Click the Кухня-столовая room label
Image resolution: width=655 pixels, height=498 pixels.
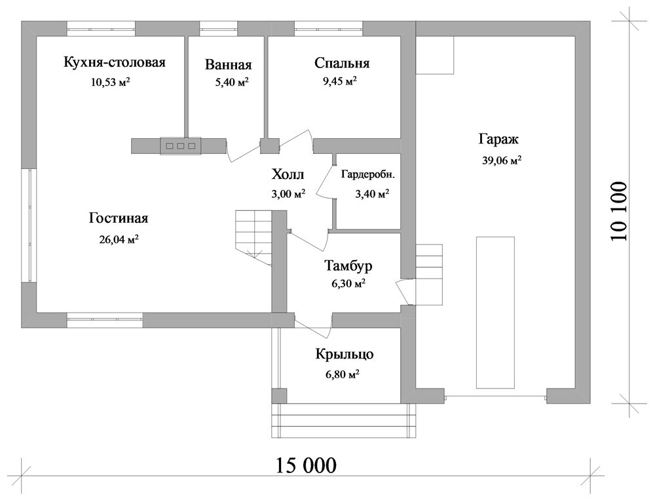coord(115,62)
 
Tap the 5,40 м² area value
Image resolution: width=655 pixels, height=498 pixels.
coord(232,83)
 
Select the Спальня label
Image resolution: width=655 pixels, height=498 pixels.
coord(342,63)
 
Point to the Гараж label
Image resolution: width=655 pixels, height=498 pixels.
coord(498,139)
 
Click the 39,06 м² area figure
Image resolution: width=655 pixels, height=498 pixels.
coord(502,161)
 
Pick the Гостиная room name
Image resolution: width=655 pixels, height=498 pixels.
coord(119,218)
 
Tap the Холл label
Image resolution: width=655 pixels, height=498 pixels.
coord(288,174)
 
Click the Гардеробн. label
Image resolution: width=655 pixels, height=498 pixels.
coord(367,175)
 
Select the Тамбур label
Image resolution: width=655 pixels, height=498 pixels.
coord(348,266)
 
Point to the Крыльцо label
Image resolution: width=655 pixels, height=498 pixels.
coord(345,354)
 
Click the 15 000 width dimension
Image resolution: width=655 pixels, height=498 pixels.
coord(306,465)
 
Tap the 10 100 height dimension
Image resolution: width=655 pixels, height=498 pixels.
coord(619,210)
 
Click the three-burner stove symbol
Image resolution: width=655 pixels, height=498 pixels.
coord(181,146)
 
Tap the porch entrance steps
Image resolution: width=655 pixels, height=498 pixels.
coord(344,420)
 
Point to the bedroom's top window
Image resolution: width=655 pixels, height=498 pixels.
coord(328,29)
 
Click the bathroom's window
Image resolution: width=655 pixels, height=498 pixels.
coord(219,29)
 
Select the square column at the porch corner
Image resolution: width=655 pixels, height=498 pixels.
coord(279,396)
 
